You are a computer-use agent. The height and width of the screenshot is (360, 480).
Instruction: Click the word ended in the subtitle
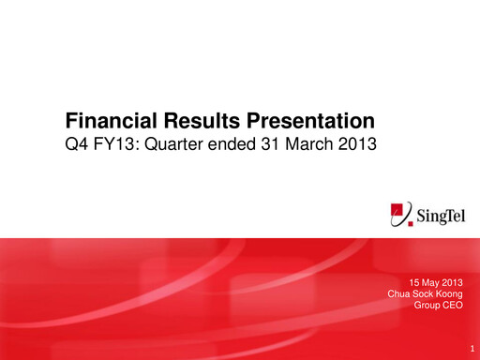tap(230, 145)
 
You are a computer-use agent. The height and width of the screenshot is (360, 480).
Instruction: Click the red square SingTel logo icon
tap(401, 215)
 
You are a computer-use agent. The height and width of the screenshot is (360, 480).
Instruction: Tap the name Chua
tap(399, 293)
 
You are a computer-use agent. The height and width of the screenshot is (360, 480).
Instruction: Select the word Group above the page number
tap(427, 305)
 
